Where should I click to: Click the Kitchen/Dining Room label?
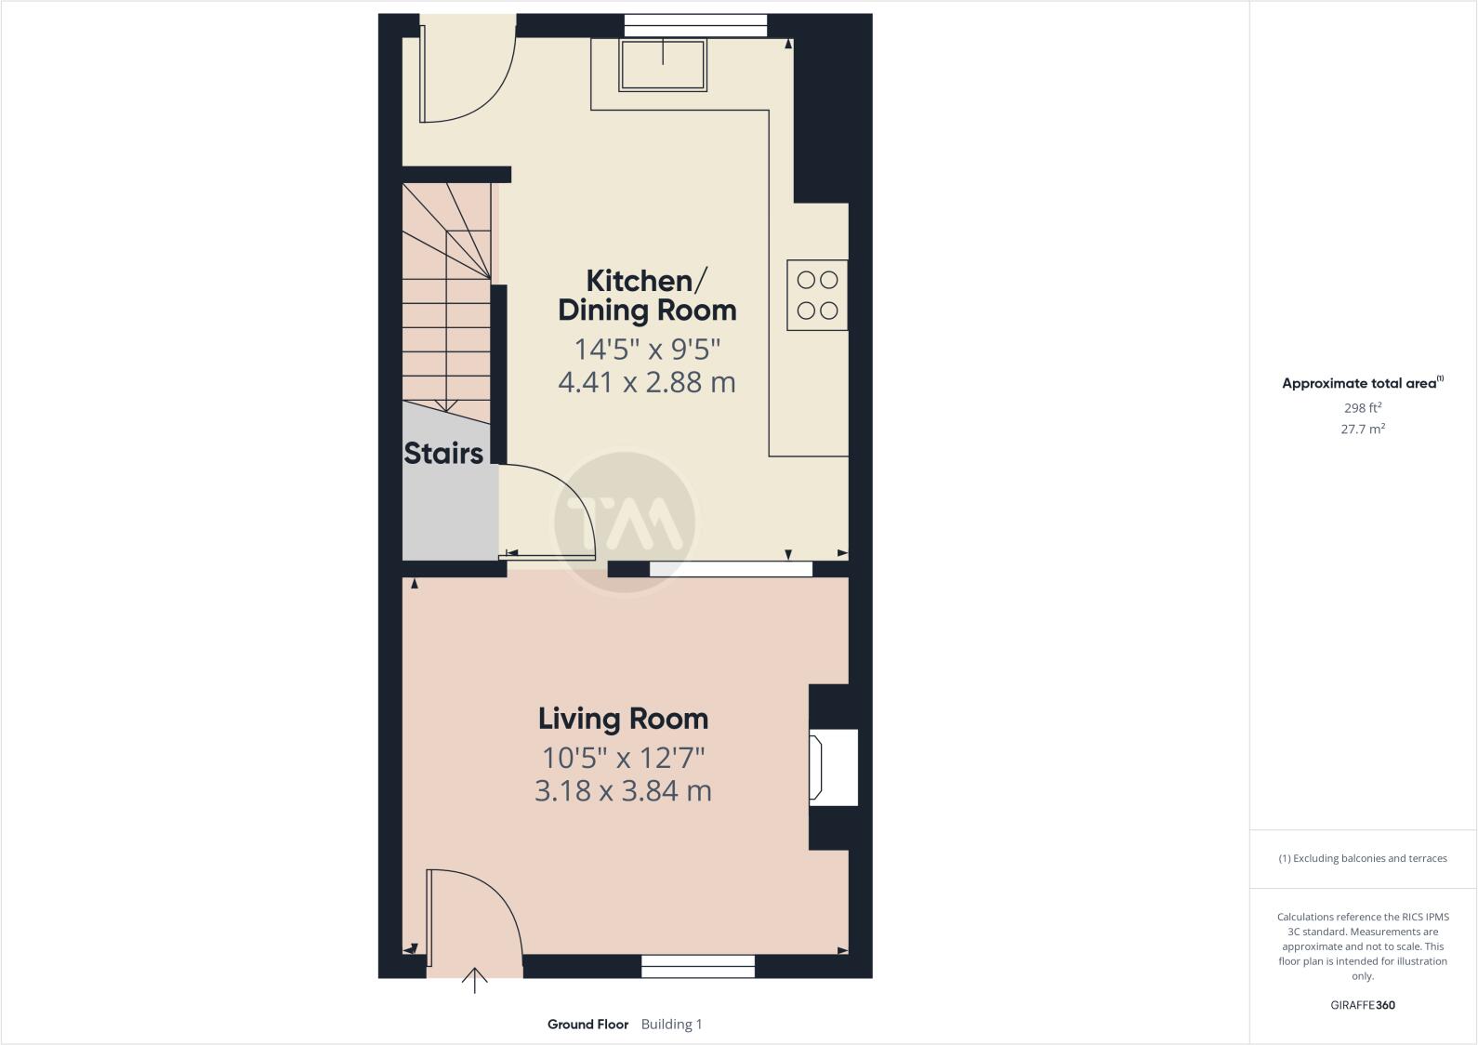coord(647,295)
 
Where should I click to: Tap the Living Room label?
coord(623,719)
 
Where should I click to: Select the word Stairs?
coord(443,454)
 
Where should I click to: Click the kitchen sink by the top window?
coord(663,64)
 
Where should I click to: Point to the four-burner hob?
coord(817,295)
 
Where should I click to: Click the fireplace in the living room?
coord(833,767)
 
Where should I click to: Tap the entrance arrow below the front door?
coord(475,980)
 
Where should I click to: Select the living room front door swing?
coord(469,916)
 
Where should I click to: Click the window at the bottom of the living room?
coord(698,967)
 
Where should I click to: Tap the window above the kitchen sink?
coord(695,25)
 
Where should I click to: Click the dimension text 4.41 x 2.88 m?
coord(647,382)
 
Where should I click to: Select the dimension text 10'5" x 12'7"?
coord(623,758)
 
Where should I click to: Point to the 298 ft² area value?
coord(1363,407)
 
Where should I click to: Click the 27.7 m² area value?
coord(1363,430)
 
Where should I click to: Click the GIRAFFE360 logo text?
coord(1363,1005)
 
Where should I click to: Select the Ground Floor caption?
coord(587,1025)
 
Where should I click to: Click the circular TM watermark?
coord(625,522)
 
